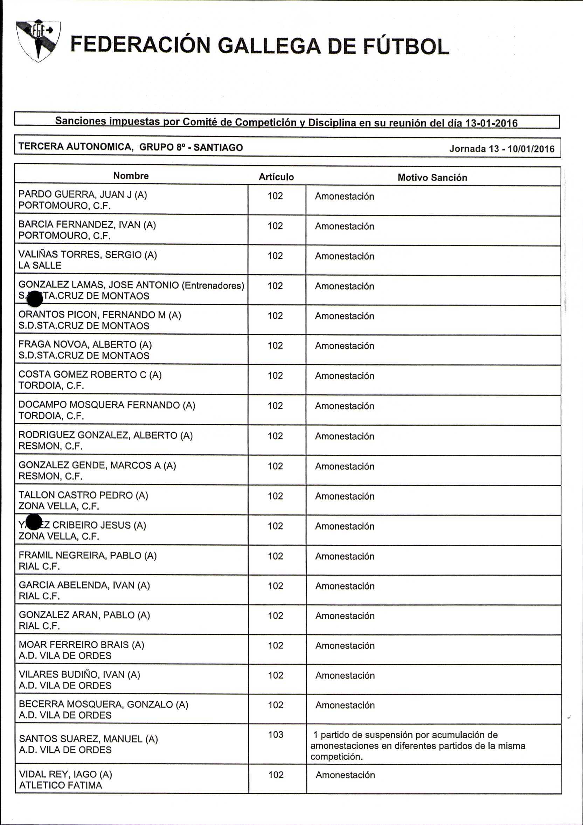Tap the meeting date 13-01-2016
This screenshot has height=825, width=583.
click(491, 123)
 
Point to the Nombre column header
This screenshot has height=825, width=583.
click(131, 176)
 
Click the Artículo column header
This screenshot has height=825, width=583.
click(276, 177)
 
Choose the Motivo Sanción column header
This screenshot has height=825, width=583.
click(432, 178)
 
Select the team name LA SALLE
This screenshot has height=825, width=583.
click(40, 266)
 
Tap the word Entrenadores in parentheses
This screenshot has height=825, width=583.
click(213, 285)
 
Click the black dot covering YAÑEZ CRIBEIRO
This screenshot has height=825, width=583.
click(34, 522)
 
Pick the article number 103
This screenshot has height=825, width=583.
click(276, 735)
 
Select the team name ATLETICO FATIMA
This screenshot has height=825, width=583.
click(60, 785)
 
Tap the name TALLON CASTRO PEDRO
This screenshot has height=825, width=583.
click(76, 495)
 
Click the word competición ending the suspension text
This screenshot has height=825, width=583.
click(336, 757)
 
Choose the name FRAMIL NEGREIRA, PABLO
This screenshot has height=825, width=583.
click(81, 556)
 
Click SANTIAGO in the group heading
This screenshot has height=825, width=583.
click(218, 147)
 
